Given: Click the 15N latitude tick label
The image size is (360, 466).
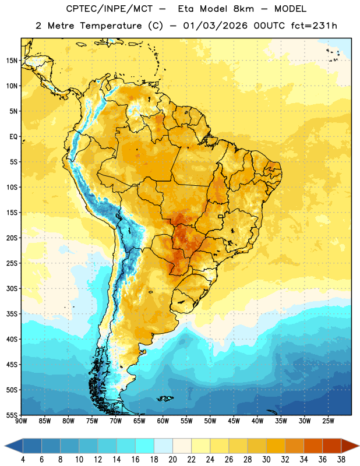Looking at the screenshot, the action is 12,61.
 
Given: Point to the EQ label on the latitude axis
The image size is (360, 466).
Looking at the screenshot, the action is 13,137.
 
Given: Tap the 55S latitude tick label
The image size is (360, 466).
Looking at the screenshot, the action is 12,415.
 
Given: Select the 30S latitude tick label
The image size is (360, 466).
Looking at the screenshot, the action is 12,288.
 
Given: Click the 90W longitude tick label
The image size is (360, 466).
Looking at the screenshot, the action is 21,421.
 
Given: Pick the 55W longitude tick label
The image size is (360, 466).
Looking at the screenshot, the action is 186,421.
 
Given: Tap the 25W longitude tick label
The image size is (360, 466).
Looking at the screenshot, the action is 328,421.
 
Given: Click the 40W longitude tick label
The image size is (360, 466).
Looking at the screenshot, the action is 257,421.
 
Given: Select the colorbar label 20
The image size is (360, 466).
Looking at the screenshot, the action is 172,460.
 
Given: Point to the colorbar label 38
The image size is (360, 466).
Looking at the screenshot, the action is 341,460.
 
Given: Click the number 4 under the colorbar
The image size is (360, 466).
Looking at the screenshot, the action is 23,460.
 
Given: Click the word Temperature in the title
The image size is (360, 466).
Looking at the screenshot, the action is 111,26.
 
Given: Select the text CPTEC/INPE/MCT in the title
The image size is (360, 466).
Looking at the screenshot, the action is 109,9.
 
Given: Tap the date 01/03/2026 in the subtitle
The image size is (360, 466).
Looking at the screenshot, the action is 215,26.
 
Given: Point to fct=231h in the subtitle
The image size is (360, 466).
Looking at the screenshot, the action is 314,26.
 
